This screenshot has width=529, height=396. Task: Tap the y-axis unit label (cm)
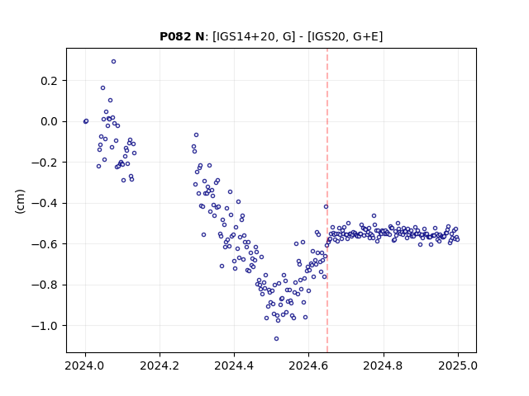(20, 201)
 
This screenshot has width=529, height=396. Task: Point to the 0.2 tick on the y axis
(50, 81)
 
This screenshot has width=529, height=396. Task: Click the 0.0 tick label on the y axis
(50, 121)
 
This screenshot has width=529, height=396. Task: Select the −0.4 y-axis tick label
(45, 204)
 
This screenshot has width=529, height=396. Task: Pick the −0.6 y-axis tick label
(45, 244)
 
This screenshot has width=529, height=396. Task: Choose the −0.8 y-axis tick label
(45, 285)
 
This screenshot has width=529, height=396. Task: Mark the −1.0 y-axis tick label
(45, 326)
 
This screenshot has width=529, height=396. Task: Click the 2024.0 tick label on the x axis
(85, 365)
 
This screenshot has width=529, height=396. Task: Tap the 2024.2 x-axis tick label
(160, 365)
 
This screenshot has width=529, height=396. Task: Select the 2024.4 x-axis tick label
(234, 365)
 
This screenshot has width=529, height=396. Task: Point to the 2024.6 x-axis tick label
(308, 365)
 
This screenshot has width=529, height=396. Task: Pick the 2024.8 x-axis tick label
(383, 365)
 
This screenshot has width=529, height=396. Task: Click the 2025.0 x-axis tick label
(458, 365)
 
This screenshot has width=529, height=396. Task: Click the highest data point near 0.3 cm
(114, 62)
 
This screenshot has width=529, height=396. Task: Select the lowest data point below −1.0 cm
(276, 339)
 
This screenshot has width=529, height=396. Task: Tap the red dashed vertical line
(327, 200)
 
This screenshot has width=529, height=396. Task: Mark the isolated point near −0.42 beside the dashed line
(326, 207)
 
